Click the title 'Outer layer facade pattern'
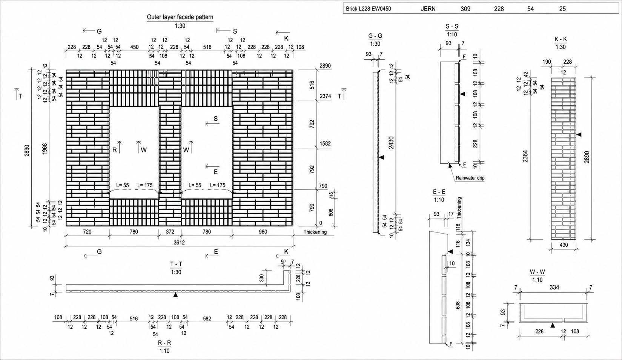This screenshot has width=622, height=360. coord(180,17)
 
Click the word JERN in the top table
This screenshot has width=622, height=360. coord(428,9)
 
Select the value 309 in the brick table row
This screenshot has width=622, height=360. coord(465,9)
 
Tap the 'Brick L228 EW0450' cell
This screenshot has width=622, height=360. coord(369,9)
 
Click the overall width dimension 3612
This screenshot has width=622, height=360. coord(179,243)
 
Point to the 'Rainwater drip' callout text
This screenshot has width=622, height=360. coord(470,178)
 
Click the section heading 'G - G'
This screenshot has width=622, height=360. coord(375,36)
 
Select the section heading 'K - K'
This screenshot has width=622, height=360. coord(561,39)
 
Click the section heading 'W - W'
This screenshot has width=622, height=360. coord(537,272)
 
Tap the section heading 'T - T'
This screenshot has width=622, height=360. coord(176,264)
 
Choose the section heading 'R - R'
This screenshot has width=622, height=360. coord(164,343)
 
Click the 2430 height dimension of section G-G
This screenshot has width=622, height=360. coord(391,143)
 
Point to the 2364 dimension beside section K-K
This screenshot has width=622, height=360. coord(525,156)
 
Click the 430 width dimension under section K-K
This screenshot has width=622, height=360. coord(564,245)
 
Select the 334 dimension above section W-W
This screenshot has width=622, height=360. coord(554,288)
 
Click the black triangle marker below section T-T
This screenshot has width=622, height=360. coord(175,295)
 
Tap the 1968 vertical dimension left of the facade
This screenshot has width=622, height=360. coord(45,149)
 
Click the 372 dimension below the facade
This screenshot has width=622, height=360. coord(170,232)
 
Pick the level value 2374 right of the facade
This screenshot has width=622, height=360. coord(325,96)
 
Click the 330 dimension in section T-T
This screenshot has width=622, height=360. coord(261,278)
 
